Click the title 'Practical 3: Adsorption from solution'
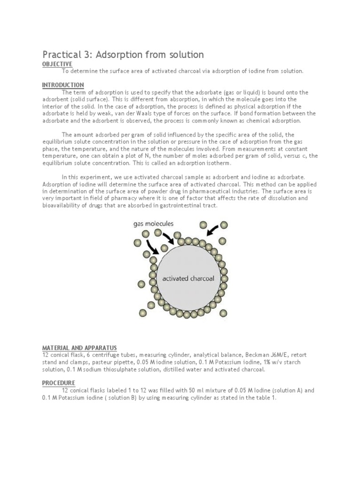click(123, 55)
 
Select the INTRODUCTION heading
click(63, 85)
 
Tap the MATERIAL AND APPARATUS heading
click(79, 347)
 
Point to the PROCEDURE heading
click(59, 383)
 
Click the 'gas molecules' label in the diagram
click(152, 224)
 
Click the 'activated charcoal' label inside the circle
click(188, 278)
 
